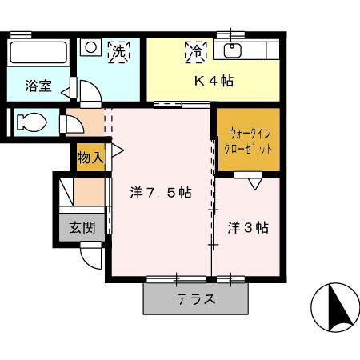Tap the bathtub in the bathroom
pyautogui.click(x=38, y=54)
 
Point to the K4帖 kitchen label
pyautogui.click(x=214, y=81)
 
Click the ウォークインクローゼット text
pyautogui.click(x=250, y=142)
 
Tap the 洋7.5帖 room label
pyautogui.click(x=160, y=193)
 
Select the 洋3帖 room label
pyautogui.click(x=247, y=227)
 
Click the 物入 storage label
pyautogui.click(x=90, y=158)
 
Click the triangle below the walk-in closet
pyautogui.click(x=254, y=184)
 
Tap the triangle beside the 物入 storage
pyautogui.click(x=117, y=150)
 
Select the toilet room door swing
pyautogui.click(x=72, y=125)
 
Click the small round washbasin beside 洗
pyautogui.click(x=91, y=48)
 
